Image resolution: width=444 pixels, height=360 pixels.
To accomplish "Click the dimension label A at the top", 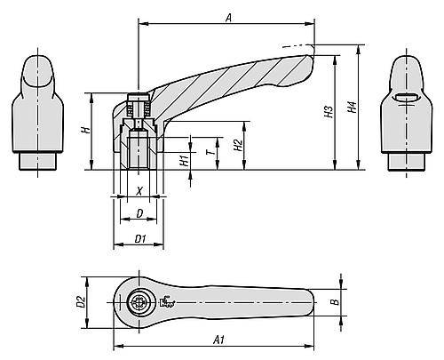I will pyautogui.click(x=228, y=15).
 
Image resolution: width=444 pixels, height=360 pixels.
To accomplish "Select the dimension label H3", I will pyautogui.click(x=329, y=112).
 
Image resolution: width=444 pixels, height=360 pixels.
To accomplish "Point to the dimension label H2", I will pyautogui.click(x=237, y=144).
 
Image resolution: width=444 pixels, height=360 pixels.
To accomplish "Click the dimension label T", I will pyautogui.click(x=210, y=152).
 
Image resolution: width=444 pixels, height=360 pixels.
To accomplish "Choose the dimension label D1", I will pyautogui.click(x=140, y=239).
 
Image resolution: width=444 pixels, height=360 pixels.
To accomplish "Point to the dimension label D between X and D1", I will pyautogui.click(x=139, y=214).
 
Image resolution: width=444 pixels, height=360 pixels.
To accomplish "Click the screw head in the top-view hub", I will pyautogui.click(x=139, y=303).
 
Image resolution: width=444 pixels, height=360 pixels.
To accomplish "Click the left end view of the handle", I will pyautogui.click(x=37, y=111).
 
